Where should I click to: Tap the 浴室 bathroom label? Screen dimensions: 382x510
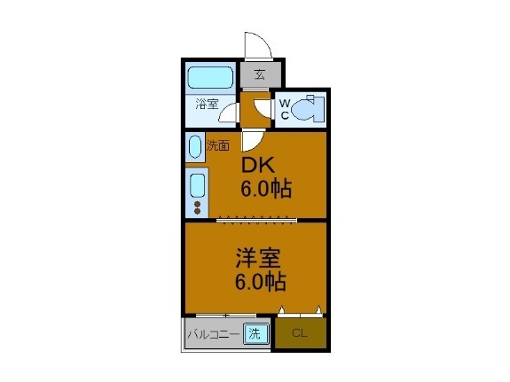[207, 104]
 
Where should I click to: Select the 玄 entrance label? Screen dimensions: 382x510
[260, 74]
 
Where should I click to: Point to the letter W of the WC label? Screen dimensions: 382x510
[285, 103]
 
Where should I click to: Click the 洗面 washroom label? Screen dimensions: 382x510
[217, 145]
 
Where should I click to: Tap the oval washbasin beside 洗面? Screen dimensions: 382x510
[195, 145]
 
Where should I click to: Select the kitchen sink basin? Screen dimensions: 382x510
[196, 186]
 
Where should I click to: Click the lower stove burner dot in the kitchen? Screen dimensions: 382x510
[196, 214]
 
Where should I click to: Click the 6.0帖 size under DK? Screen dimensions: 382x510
[267, 189]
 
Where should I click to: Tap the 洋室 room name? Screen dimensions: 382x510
[257, 260]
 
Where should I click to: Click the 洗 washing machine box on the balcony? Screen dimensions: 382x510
[255, 334]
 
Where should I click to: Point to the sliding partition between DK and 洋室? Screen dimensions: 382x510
[255, 218]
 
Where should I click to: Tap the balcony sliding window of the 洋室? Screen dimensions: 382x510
[225, 315]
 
